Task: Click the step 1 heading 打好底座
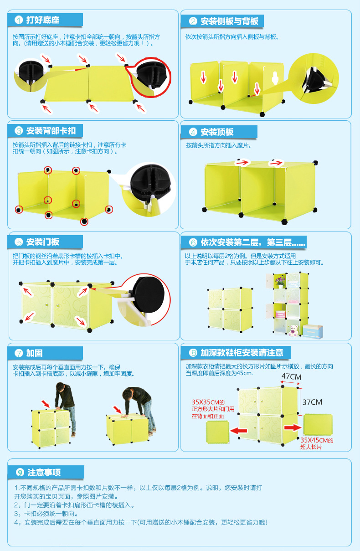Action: (x=43, y=20)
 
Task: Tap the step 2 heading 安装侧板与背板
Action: (x=229, y=21)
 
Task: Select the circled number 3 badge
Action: (x=19, y=131)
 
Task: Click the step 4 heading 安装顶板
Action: (x=217, y=132)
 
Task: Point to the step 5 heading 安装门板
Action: (x=43, y=242)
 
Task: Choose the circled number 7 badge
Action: (x=19, y=353)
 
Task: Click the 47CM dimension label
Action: (x=291, y=376)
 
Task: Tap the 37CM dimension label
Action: (x=312, y=402)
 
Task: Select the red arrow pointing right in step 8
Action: (x=293, y=428)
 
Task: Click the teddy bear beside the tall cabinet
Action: (x=293, y=330)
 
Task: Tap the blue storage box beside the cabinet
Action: (x=313, y=331)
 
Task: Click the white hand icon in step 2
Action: (x=275, y=77)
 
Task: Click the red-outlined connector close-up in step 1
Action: (x=150, y=77)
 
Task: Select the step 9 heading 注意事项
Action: (x=44, y=473)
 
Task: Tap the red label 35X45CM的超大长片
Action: (x=317, y=443)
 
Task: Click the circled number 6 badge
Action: (x=193, y=242)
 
